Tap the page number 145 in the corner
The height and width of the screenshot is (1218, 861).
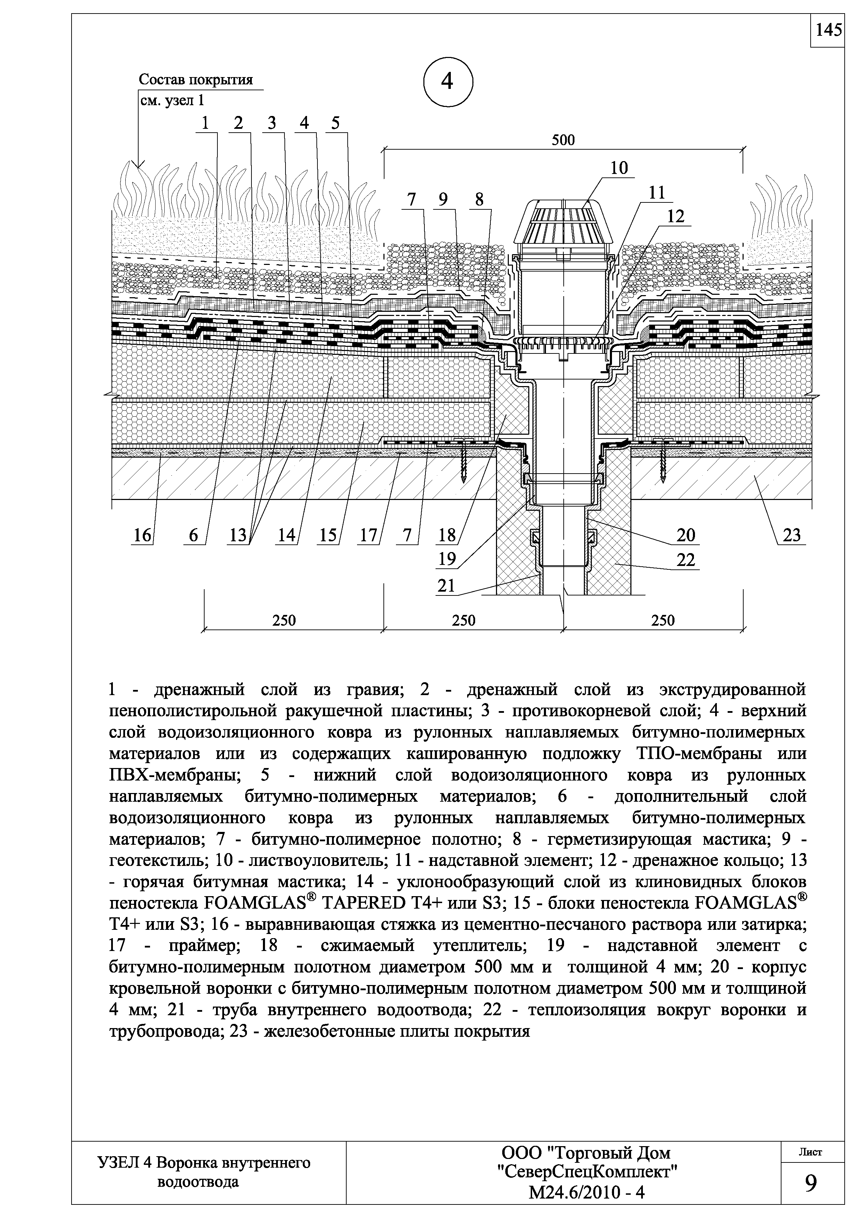(x=828, y=30)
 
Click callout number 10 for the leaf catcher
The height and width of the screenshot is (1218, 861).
(x=619, y=168)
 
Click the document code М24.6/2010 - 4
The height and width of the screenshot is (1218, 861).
(x=586, y=1192)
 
